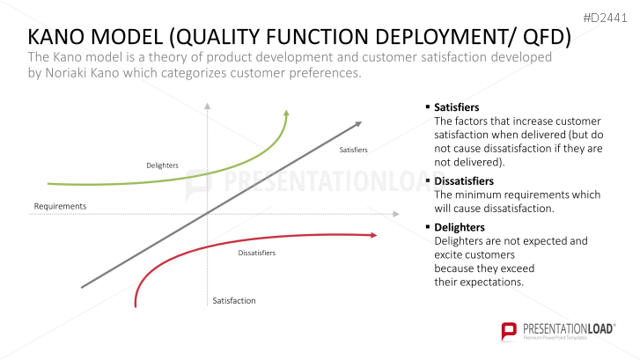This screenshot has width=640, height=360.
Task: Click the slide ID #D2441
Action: pyautogui.click(x=605, y=18)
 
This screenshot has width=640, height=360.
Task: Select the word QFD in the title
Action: pyautogui.click(x=542, y=37)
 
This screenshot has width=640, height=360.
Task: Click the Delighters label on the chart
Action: pyautogui.click(x=163, y=165)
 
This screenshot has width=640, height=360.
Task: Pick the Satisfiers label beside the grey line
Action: pyautogui.click(x=354, y=150)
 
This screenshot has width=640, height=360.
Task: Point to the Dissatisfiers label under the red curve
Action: pyautogui.click(x=257, y=253)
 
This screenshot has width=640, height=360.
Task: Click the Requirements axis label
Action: pyautogui.click(x=60, y=206)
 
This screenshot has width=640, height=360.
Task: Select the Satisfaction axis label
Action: pyautogui.click(x=234, y=300)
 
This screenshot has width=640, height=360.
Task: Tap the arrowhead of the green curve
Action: pyautogui.click(x=286, y=114)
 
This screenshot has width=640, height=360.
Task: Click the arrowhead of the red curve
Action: pyautogui.click(x=373, y=235)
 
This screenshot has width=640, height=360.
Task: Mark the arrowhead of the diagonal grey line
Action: pyautogui.click(x=357, y=124)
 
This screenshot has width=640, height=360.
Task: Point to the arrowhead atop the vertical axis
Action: pyautogui.click(x=208, y=107)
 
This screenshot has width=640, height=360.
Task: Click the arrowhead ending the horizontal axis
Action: pyautogui.click(x=396, y=214)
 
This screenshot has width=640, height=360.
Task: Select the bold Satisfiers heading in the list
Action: pyautogui.click(x=456, y=107)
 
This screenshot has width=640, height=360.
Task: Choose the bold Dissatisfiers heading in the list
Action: pyautogui.click(x=464, y=180)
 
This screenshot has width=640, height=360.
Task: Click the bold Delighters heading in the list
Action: pyautogui.click(x=460, y=227)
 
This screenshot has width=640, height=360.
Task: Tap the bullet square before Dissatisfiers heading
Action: pyautogui.click(x=427, y=180)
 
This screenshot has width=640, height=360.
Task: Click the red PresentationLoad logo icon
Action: pyautogui.click(x=509, y=331)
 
